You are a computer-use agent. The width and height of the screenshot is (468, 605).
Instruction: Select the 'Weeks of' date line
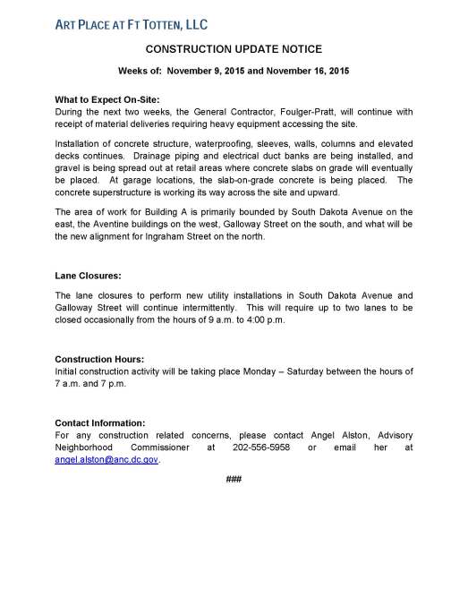pyautogui.click(x=234, y=70)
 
